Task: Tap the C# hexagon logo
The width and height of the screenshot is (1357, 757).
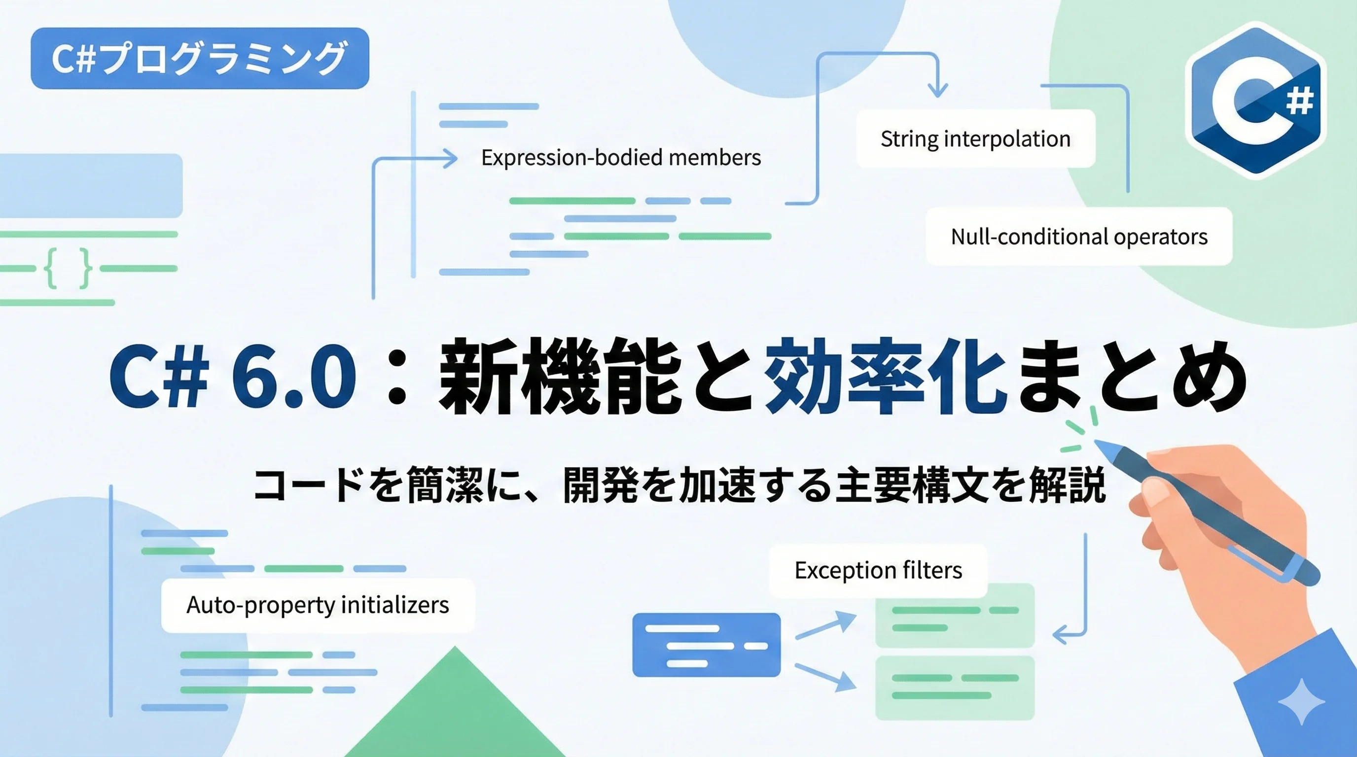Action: [x=1255, y=100]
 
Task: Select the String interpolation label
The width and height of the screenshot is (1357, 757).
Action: [x=976, y=139]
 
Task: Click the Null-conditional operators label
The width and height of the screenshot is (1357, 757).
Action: [x=1079, y=237]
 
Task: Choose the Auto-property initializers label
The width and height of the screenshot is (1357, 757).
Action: [x=318, y=605]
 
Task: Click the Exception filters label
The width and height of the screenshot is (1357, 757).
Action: [x=878, y=571]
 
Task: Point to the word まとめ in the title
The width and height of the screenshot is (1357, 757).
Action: [x=1133, y=376]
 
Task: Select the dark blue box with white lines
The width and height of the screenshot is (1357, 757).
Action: [x=707, y=645]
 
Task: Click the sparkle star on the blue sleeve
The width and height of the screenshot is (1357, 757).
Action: [x=1301, y=702]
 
